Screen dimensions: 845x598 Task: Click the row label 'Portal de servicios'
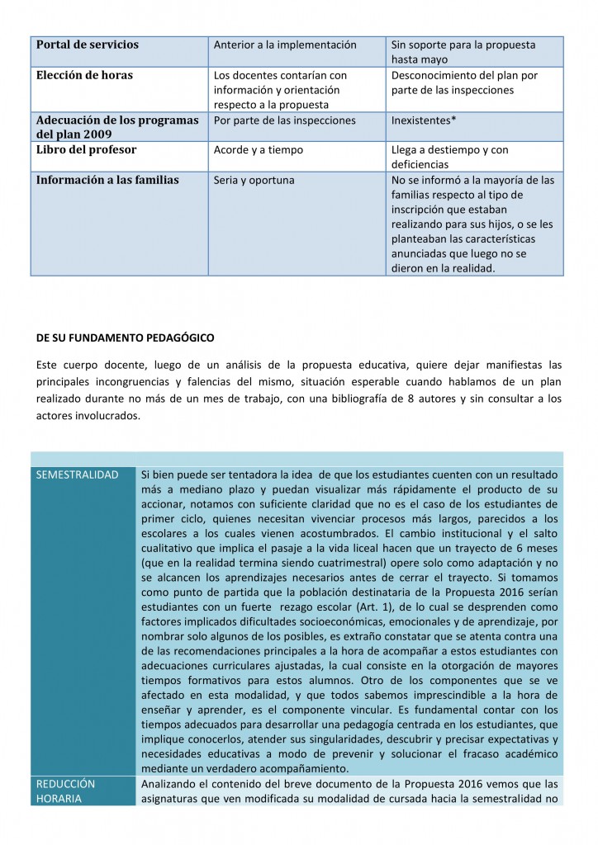click(x=88, y=45)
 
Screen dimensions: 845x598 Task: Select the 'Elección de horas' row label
click(x=84, y=75)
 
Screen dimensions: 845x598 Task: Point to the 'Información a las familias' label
click(x=107, y=180)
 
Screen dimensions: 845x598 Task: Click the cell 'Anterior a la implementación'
click(x=285, y=45)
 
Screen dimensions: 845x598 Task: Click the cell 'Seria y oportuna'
click(x=254, y=180)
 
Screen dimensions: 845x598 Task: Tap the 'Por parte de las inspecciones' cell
click(x=285, y=120)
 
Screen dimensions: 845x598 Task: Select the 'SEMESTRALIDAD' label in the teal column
click(x=72, y=474)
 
